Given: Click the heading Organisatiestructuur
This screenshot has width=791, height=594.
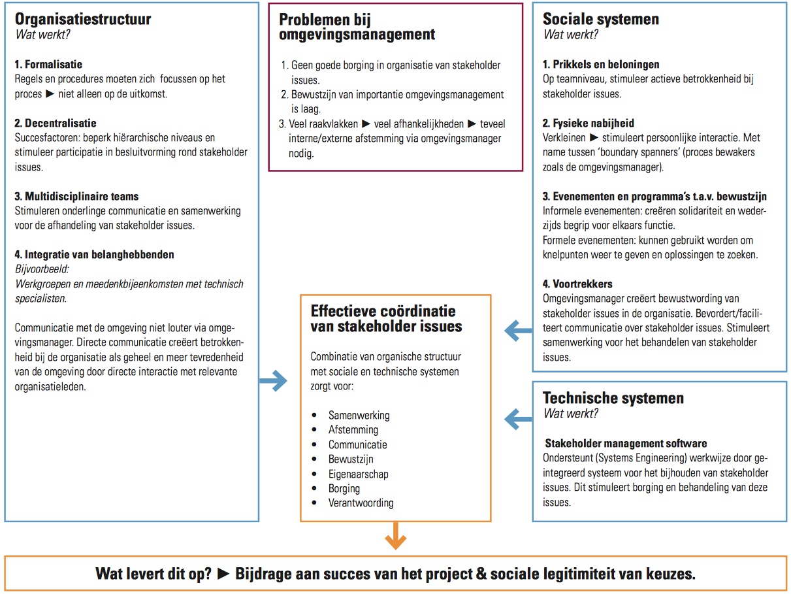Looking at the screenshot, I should coord(83,19).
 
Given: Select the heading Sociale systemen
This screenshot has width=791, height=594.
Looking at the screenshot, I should coord(601,19).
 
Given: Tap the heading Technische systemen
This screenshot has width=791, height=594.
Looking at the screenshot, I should coord(613,398).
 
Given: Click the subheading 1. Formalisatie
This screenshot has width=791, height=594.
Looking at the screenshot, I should coord(48,65).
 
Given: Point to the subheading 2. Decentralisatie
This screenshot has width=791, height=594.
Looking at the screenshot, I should coord(56,123).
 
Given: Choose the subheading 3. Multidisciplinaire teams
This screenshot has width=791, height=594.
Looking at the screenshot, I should coord(76,196).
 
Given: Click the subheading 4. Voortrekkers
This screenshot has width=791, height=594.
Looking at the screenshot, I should coord(577,284).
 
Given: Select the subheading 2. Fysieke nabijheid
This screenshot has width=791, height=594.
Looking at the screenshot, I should coord(589,123).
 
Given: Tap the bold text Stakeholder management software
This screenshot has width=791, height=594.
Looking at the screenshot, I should coord(626,443).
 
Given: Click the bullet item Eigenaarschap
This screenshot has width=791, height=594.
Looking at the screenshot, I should coord(358,474).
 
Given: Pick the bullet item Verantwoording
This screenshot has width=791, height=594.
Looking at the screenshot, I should coord(361,503).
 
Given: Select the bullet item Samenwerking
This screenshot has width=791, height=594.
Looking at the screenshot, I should coord(359,415).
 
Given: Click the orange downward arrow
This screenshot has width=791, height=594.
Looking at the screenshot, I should coord(395,537).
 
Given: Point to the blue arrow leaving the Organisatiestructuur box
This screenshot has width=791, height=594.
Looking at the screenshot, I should coord(274,381).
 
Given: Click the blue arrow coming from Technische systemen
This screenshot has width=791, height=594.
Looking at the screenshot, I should coord(519,417).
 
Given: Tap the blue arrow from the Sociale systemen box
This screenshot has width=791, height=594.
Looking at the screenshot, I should coord(519,331).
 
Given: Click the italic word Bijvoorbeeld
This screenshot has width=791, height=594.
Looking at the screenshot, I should coord(40,269).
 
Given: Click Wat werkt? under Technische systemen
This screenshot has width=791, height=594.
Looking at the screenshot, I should coord(570,413).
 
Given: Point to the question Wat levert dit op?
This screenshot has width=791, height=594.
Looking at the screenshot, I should coord(153,574).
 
